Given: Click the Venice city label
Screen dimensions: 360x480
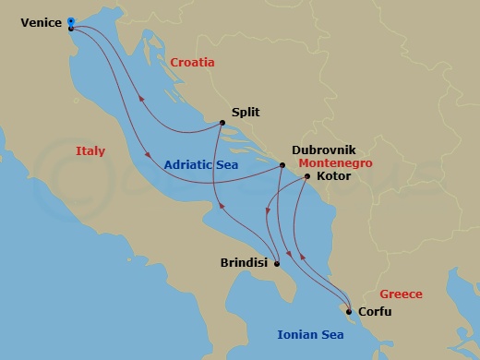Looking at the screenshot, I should point(41,22).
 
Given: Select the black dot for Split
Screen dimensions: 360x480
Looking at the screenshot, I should point(222,123).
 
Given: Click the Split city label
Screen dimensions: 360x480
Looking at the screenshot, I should point(246,113).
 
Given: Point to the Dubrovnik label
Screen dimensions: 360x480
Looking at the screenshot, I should point(323,149).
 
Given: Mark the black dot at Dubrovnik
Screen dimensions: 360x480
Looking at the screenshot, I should point(282,166).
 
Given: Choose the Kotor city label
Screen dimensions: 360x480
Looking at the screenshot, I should point(332,174).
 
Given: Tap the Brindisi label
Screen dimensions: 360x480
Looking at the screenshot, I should point(245,263).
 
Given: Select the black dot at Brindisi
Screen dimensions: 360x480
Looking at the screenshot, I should point(276,264).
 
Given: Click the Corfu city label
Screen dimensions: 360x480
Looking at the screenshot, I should point(374,311).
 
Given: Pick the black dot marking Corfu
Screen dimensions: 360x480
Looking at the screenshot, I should point(348,310).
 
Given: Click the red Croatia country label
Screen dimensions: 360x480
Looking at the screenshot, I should point(192,63).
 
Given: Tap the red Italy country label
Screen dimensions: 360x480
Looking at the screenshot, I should point(90,150).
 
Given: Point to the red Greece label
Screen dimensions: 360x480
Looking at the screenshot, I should point(401,294).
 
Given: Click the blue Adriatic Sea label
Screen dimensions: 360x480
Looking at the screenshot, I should point(201,165).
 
